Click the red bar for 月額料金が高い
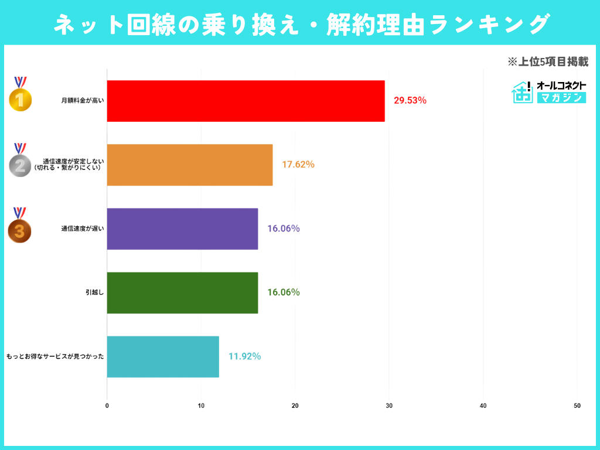[x=246, y=101]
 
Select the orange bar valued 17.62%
[x=190, y=165]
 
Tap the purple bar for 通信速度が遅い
[x=182, y=229]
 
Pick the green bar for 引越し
[x=182, y=292]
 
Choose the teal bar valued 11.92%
[x=163, y=356]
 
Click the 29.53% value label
[x=410, y=101]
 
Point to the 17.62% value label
[x=298, y=165]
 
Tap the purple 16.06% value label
[x=284, y=229]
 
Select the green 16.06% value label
[x=284, y=292]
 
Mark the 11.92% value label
[x=245, y=356]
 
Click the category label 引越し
[x=94, y=292]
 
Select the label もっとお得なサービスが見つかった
[x=55, y=356]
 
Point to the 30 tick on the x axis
[x=389, y=405]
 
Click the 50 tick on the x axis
[x=577, y=405]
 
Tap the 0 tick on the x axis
[x=107, y=405]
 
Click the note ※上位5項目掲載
[x=547, y=62]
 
